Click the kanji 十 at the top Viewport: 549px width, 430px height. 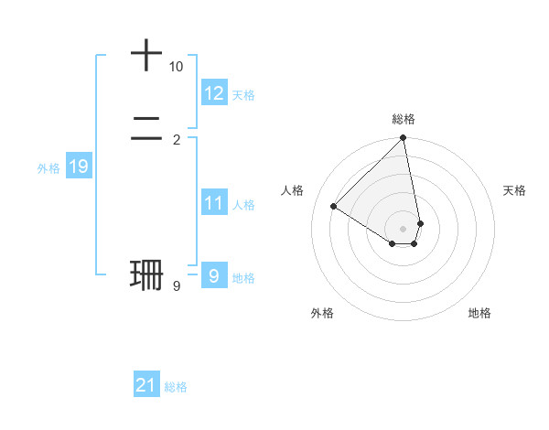coord(146,55)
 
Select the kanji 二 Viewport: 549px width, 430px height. coord(146,127)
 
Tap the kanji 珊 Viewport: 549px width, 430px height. coord(146,274)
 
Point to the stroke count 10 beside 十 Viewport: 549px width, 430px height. coord(176,67)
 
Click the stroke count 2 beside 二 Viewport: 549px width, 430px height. coord(176,139)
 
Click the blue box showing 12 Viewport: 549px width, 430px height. coord(214,93)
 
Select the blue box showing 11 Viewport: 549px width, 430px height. coord(214,203)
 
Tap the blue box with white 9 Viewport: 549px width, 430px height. coord(214,275)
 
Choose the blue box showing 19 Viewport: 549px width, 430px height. coord(78,167)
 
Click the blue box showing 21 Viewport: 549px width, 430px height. coord(146,385)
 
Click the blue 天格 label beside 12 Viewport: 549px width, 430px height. coord(243,95)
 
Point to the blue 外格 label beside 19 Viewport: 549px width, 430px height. coord(48,168)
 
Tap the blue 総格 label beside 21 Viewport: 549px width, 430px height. coord(176,387)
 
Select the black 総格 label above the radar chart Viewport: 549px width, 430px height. coord(404,119)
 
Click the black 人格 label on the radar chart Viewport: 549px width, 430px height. coord(293,190)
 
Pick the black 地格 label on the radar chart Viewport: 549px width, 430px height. coord(479,313)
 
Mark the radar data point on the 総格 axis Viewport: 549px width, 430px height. coord(404,139)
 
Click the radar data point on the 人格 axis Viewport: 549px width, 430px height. coord(334,206)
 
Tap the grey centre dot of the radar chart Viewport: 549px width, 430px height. coord(404,229)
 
